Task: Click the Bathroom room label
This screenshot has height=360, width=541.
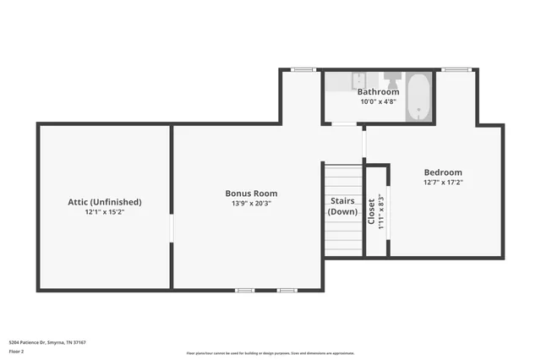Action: click(378, 91)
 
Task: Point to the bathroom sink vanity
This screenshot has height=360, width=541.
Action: click(343, 81)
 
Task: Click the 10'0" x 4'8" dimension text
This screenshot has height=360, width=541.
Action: click(378, 101)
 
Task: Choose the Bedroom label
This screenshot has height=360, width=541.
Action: click(443, 172)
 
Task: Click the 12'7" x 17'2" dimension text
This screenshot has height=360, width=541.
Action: click(443, 182)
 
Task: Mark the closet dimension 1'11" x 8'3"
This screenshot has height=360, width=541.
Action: click(381, 211)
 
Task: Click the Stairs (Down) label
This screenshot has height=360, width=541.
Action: click(342, 206)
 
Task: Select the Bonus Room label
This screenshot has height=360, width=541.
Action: click(250, 193)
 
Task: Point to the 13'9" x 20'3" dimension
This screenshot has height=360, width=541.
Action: click(250, 204)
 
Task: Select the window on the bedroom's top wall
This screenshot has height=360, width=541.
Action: click(456, 70)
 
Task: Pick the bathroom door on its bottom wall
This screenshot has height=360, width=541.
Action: click(343, 124)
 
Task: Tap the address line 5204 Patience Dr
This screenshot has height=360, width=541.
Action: click(47, 342)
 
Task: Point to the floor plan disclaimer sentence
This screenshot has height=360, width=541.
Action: click(271, 353)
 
